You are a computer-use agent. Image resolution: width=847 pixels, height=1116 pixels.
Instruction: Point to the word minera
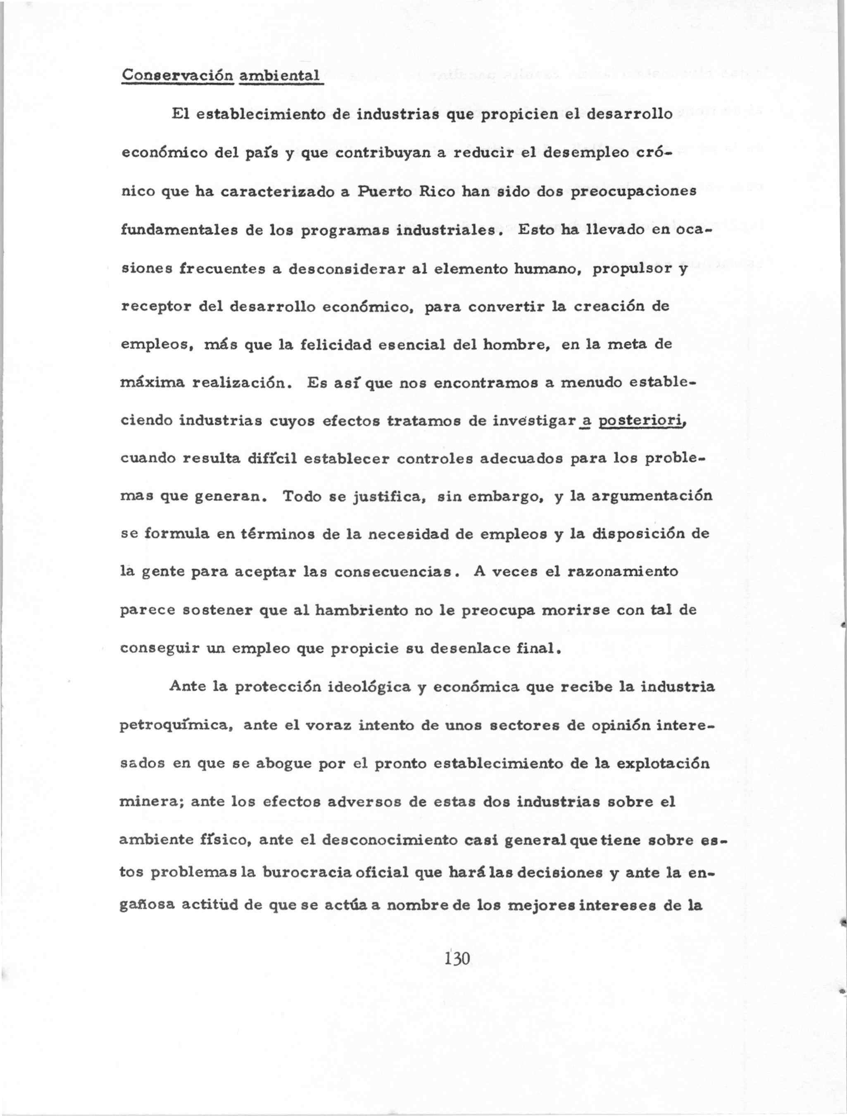click(x=149, y=802)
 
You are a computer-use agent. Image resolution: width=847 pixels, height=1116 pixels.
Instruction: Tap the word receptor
click(x=156, y=307)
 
